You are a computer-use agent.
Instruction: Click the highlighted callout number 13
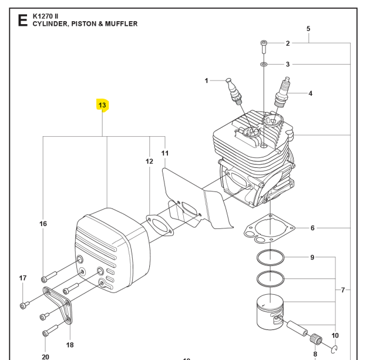coord(102,106)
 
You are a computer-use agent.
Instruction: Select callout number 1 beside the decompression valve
coord(206,80)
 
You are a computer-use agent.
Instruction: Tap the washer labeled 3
coord(264,63)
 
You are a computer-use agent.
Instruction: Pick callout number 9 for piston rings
coord(312,257)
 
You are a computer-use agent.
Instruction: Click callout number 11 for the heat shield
coord(165,153)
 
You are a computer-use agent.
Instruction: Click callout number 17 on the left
coord(23,278)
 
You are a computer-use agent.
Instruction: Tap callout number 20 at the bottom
coord(45,356)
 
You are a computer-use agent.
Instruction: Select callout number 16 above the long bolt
coord(43,224)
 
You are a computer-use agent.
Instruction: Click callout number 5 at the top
coord(308,28)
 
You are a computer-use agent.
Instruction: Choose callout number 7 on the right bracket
coord(344,290)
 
